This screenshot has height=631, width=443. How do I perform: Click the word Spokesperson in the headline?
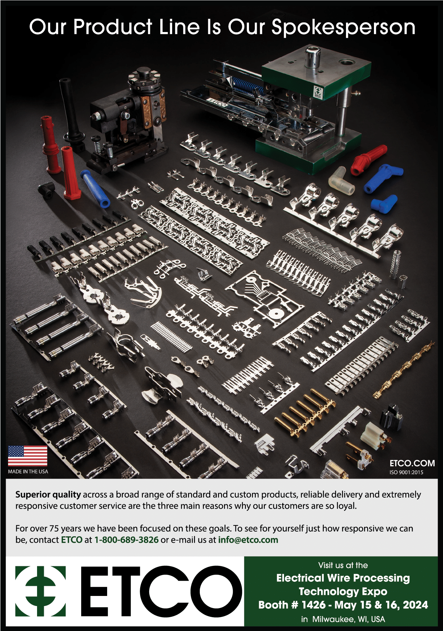(343, 28)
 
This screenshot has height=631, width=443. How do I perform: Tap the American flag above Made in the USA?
(28, 456)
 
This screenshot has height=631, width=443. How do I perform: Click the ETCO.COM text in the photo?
(412, 463)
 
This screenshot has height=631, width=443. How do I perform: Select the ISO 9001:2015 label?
(406, 472)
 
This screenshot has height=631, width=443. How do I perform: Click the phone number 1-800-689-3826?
(126, 540)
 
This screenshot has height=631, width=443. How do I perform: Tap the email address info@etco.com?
(248, 540)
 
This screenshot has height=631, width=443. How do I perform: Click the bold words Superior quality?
(48, 495)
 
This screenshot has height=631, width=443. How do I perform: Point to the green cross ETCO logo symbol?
(41, 591)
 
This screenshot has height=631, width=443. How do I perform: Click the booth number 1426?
(314, 605)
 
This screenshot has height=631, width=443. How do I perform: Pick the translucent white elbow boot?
(341, 180)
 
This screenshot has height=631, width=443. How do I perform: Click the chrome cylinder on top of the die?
(312, 57)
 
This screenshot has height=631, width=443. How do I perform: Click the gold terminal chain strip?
(404, 370)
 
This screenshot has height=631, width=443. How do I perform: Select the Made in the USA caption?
(28, 472)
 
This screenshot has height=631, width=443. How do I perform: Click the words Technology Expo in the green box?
(343, 591)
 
